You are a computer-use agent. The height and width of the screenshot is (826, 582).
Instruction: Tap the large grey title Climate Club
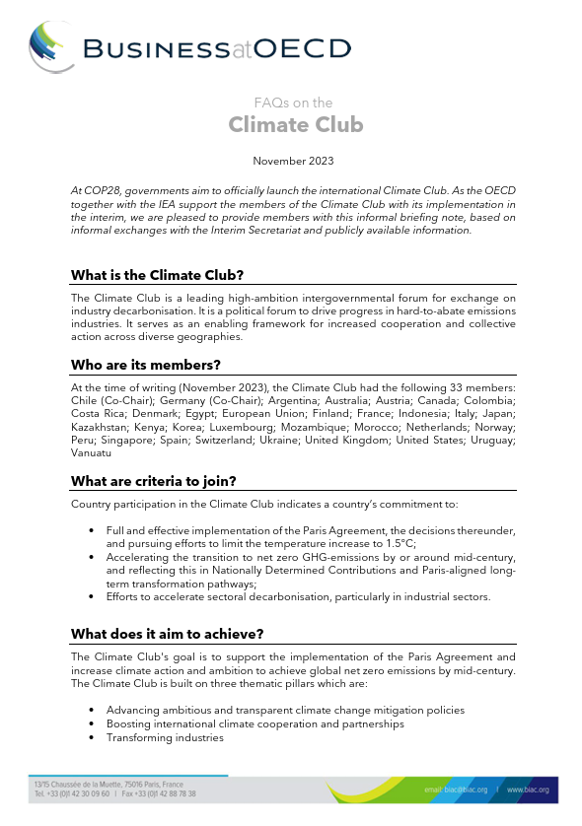click(295, 125)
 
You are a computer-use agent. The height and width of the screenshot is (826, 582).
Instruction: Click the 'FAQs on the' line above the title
click(293, 103)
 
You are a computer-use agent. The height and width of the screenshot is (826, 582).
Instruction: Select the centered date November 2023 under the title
click(293, 160)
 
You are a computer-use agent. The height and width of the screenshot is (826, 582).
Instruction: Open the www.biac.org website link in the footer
click(528, 791)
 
